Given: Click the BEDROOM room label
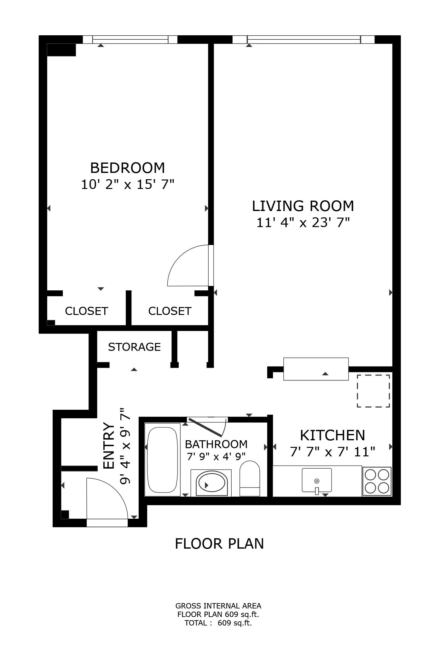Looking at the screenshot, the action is (x=128, y=168).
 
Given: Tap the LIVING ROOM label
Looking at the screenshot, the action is (x=303, y=206).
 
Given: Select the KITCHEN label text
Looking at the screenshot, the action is (x=333, y=435).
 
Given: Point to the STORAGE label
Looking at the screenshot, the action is (x=134, y=347).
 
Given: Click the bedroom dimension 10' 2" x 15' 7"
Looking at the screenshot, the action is (x=128, y=184).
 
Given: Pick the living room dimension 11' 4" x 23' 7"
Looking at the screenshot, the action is (x=303, y=223).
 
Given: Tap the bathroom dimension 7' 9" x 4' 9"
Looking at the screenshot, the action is (x=216, y=456).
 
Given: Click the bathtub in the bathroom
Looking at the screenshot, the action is (x=162, y=459).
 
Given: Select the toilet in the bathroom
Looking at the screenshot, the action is (x=250, y=478).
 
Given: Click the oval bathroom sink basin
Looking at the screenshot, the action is (x=211, y=485).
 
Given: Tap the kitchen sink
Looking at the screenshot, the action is (x=317, y=480).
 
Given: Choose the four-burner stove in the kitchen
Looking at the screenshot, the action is (x=377, y=482).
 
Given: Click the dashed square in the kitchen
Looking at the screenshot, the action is (x=373, y=391).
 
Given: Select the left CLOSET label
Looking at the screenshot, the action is (x=86, y=311).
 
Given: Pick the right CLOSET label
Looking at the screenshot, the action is (x=170, y=311).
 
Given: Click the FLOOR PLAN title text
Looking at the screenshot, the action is (x=219, y=544).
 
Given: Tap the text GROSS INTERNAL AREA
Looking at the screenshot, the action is (x=218, y=606).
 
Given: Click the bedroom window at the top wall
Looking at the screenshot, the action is (x=130, y=39).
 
